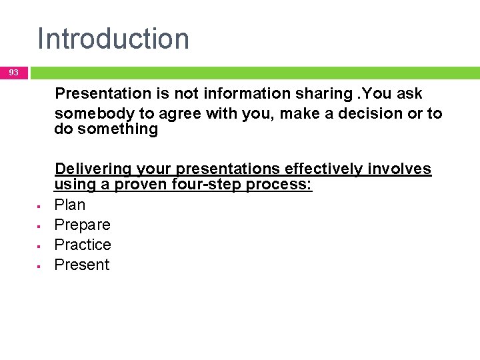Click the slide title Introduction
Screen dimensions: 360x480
(113, 39)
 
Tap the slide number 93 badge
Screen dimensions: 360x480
(14, 73)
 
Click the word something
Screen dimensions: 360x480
(117, 129)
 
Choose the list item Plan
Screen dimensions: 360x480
(70, 205)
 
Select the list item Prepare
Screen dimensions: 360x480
(82, 225)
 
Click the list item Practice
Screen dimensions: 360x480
(83, 245)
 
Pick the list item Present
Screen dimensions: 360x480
(82, 265)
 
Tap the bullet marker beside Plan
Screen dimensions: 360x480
(39, 206)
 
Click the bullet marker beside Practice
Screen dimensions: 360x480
(39, 246)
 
